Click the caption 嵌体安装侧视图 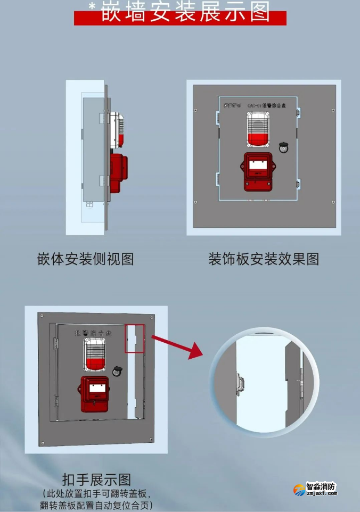pos(85,259)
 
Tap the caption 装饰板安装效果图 pos(264,259)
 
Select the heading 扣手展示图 pos(96,479)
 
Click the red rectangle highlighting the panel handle pos(135,338)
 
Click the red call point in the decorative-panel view pos(258,171)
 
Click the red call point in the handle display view pos(96,393)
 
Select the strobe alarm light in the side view pos(117,130)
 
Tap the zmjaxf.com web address pos(322,494)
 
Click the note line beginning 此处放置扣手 pos(96,493)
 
